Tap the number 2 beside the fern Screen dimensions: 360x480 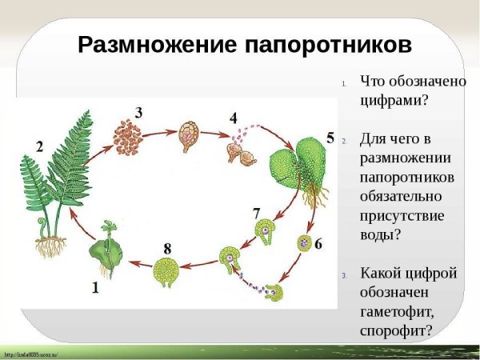pos(39,146)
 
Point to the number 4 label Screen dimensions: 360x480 pos(234,118)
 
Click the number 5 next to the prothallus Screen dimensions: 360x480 pos(330,138)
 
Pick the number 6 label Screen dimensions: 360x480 pos(318,244)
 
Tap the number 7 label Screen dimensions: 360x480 pos(256,214)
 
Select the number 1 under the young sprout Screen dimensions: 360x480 pos(95,289)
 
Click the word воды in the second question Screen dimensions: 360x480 pos(379,234)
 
